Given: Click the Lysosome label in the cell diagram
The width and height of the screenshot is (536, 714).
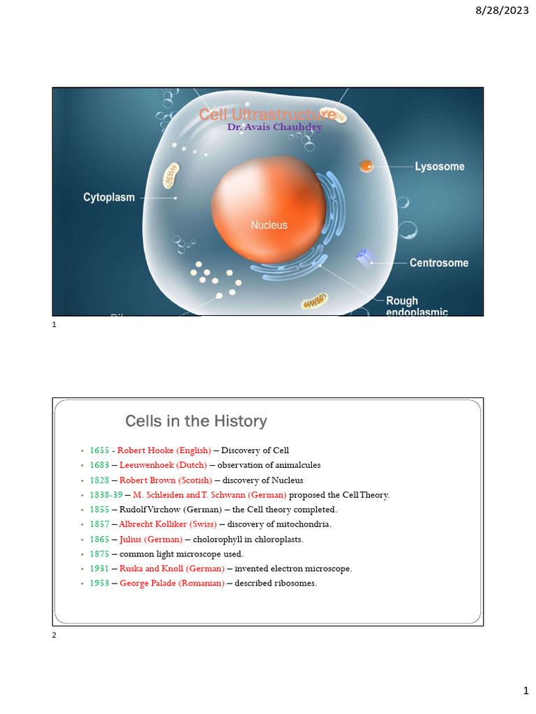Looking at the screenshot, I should click(x=440, y=167).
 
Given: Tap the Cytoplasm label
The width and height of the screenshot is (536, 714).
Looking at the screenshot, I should click(x=109, y=197).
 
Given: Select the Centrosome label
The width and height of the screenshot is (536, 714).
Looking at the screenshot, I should click(x=439, y=263).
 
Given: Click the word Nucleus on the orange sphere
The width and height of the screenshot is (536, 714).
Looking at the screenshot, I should click(x=269, y=225).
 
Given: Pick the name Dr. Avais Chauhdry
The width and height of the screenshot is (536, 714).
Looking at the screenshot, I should click(x=274, y=127).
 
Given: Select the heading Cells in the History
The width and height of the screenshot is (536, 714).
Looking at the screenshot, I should click(x=195, y=421).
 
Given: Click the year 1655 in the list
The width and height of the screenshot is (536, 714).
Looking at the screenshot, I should click(x=100, y=450).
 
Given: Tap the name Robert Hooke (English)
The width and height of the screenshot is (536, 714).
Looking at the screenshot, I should click(x=164, y=450).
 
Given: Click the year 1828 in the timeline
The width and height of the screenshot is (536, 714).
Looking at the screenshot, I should click(x=100, y=480).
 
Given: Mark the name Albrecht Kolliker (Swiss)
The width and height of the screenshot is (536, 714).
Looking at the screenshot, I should click(x=168, y=524).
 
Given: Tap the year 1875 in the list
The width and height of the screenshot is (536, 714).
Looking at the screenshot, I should click(x=100, y=554).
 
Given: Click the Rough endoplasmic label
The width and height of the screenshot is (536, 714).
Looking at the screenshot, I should click(x=417, y=307).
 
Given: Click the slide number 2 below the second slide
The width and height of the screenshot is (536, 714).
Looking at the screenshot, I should click(x=54, y=635).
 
